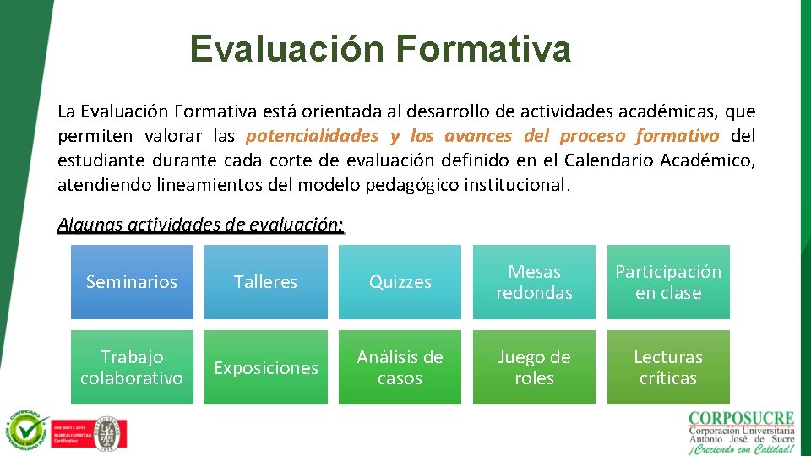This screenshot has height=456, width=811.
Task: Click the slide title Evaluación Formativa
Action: pos(380,49)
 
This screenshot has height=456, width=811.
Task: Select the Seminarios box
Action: pos(132,282)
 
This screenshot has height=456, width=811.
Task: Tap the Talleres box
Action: pos(266,282)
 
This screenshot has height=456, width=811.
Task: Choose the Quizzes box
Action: pos(400,282)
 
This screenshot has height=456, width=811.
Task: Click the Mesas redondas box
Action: pos(534,282)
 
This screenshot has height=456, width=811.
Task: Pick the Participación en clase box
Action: pos(668,282)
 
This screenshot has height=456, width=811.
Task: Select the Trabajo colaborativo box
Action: pos(132,367)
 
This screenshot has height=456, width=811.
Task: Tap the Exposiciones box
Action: pos(266,367)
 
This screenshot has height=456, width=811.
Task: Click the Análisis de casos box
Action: pos(400,367)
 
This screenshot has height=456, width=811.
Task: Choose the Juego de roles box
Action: pos(534,367)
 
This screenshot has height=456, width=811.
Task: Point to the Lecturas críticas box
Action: pos(668,367)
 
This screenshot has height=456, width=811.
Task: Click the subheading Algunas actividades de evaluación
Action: pos(200,225)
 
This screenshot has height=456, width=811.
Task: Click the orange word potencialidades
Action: pos(312,136)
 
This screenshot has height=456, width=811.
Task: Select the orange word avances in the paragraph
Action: pos(477,136)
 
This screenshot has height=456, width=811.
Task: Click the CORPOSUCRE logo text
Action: pos(742,419)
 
